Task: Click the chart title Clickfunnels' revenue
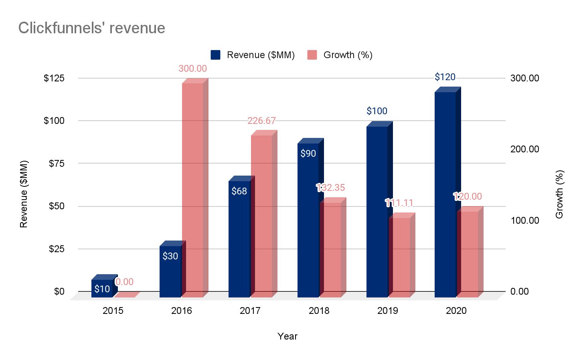[92, 28]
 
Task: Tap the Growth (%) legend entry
[340, 55]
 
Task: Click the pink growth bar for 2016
[192, 188]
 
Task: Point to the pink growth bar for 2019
[399, 257]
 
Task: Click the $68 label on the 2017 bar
[239, 191]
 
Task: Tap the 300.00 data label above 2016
[192, 69]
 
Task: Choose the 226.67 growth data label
[261, 121]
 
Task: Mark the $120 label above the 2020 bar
[445, 77]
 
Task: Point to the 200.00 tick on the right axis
[524, 149]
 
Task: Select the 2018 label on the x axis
[319, 311]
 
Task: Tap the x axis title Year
[287, 336]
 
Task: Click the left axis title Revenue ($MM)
[24, 194]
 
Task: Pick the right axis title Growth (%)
[560, 194]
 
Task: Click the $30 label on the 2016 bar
[170, 256]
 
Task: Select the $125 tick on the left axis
[54, 78]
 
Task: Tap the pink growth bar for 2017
[261, 216]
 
